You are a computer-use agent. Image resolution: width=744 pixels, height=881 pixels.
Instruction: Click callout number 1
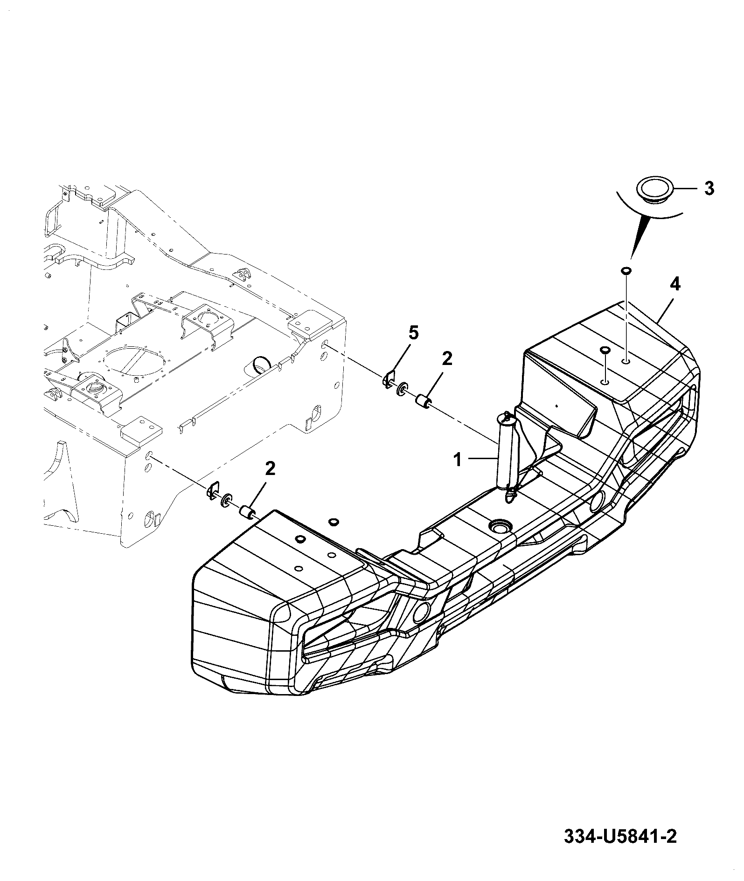(458, 460)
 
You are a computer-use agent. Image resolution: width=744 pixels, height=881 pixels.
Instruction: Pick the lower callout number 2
(270, 468)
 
